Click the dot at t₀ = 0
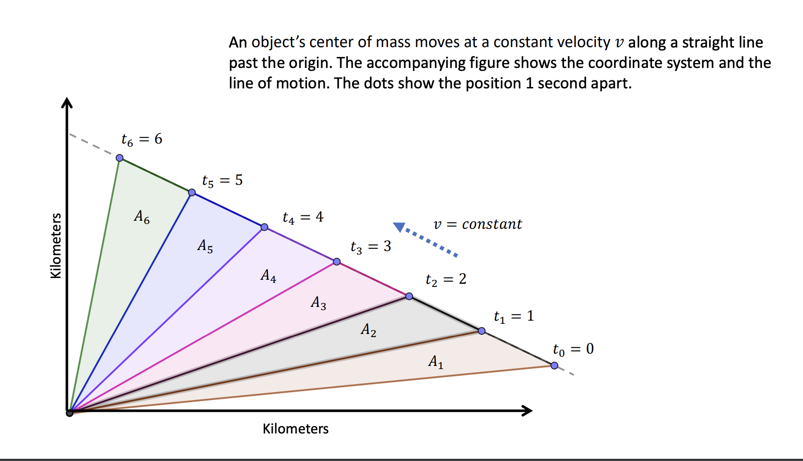pyautogui.click(x=554, y=366)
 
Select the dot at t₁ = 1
pyautogui.click(x=482, y=331)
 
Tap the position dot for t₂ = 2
pyautogui.click(x=409, y=296)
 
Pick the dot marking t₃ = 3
pyautogui.click(x=337, y=262)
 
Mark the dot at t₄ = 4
pyautogui.click(x=264, y=227)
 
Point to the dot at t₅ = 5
pyautogui.click(x=192, y=192)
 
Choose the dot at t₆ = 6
pyautogui.click(x=119, y=158)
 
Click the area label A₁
pyautogui.click(x=436, y=362)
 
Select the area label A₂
pyautogui.click(x=368, y=330)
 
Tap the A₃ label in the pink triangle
pyautogui.click(x=318, y=303)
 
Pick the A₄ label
pyautogui.click(x=268, y=276)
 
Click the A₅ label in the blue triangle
pyautogui.click(x=205, y=246)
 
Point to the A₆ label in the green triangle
pyautogui.click(x=142, y=217)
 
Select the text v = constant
pyautogui.click(x=477, y=224)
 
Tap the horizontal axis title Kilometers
pyautogui.click(x=295, y=429)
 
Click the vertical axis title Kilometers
pyautogui.click(x=56, y=246)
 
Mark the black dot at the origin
pyautogui.click(x=70, y=413)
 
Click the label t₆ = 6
pyautogui.click(x=142, y=139)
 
